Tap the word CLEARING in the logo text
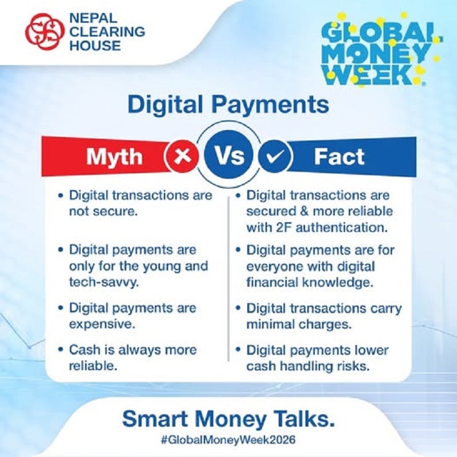tap(97, 32)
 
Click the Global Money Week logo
tap(378, 53)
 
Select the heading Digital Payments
tap(228, 106)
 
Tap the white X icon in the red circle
tap(182, 156)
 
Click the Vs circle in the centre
tap(228, 155)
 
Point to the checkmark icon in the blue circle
tap(275, 156)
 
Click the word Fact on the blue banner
tap(339, 156)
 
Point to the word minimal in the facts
tap(269, 324)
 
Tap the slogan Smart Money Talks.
tap(228, 419)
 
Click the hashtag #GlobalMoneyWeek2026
tap(228, 440)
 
